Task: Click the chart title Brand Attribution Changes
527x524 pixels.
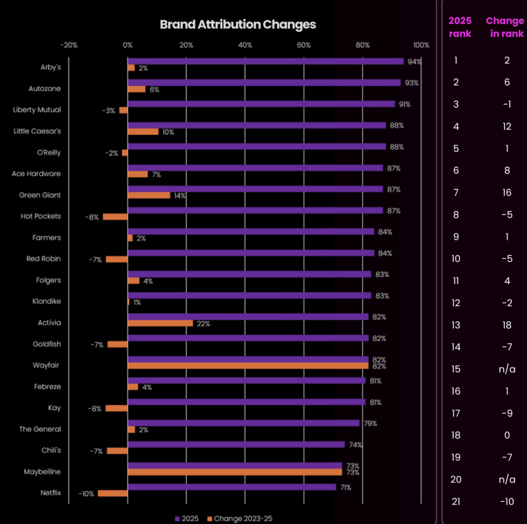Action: point(238,24)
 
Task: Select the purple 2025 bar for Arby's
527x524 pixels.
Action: point(266,61)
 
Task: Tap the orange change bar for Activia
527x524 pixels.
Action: point(160,323)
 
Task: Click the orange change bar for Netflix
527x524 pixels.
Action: point(113,494)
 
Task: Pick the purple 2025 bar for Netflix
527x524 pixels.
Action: point(232,487)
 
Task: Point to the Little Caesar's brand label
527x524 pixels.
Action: point(37,131)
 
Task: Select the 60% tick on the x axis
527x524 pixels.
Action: point(304,45)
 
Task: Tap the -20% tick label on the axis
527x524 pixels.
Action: point(68,45)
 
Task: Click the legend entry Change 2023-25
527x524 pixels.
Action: point(240,518)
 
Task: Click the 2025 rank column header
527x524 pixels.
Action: point(460,27)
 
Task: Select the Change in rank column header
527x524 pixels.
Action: point(505,27)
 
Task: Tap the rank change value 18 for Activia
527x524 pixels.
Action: point(507,325)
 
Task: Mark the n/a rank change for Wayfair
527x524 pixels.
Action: point(507,369)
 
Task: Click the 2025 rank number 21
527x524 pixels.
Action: point(456,501)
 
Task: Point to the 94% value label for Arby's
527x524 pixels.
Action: point(414,62)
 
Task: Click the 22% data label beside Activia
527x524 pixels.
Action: point(203,324)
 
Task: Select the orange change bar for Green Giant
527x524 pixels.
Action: point(149,195)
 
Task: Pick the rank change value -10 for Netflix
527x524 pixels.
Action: point(506,501)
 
